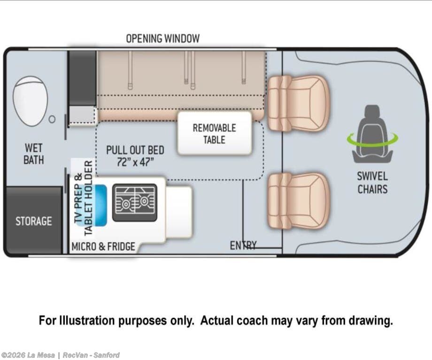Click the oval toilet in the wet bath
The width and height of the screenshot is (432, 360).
(x=30, y=101)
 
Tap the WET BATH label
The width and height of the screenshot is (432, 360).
(x=34, y=154)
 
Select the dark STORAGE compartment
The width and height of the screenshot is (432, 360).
(x=33, y=221)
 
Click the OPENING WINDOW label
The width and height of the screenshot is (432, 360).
(x=162, y=38)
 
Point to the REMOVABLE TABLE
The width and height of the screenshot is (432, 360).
(x=214, y=133)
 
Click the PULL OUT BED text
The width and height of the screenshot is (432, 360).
(x=135, y=150)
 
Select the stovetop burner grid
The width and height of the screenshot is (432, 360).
(x=134, y=202)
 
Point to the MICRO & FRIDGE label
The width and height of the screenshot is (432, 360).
(x=103, y=246)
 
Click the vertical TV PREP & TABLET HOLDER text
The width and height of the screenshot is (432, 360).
(x=83, y=198)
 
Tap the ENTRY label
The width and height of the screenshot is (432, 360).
(x=243, y=245)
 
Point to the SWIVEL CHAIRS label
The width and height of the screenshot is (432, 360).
(x=372, y=183)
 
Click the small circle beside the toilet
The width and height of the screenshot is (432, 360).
(x=53, y=119)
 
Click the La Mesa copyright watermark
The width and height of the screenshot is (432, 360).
(x=60, y=355)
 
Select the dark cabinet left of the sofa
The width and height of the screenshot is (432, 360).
(x=82, y=77)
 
